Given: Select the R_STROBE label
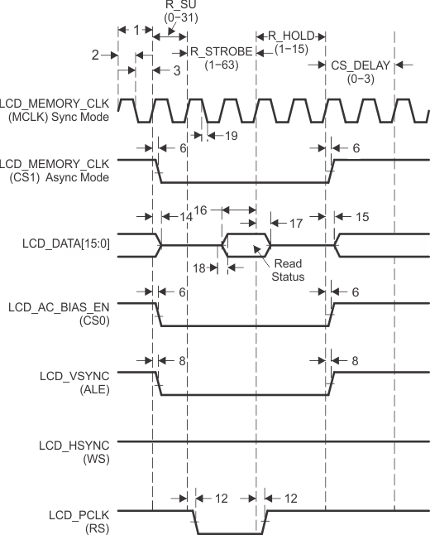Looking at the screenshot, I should click(x=221, y=51).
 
